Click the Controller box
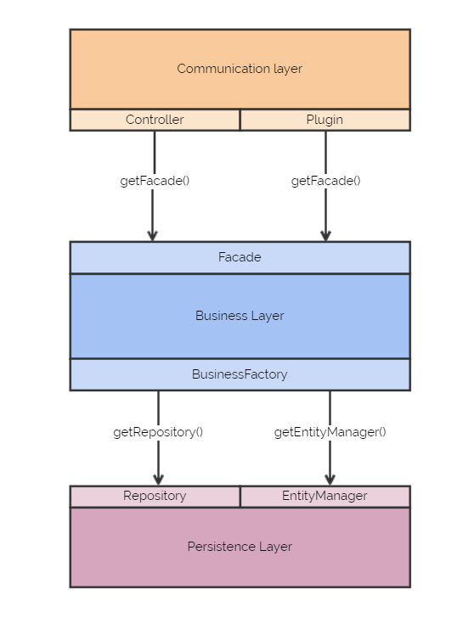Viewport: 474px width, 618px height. [155, 120]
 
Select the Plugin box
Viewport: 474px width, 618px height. [325, 120]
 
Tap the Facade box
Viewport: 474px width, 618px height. [240, 257]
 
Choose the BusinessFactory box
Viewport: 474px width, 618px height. [240, 374]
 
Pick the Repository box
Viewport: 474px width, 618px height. [155, 497]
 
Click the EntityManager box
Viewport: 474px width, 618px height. [325, 497]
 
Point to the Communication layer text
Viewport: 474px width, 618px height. [240, 69]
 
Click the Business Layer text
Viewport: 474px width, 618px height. [240, 316]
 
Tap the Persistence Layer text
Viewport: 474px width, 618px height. [240, 547]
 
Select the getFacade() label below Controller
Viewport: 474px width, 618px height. [155, 181]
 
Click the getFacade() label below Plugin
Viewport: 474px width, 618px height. [325, 181]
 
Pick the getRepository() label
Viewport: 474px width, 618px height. [158, 432]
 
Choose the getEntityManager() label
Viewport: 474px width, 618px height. [330, 432]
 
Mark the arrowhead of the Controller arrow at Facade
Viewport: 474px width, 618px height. [153, 236]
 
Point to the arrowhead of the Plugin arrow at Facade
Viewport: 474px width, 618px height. [325, 236]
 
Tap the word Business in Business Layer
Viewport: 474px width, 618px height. [221, 316]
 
